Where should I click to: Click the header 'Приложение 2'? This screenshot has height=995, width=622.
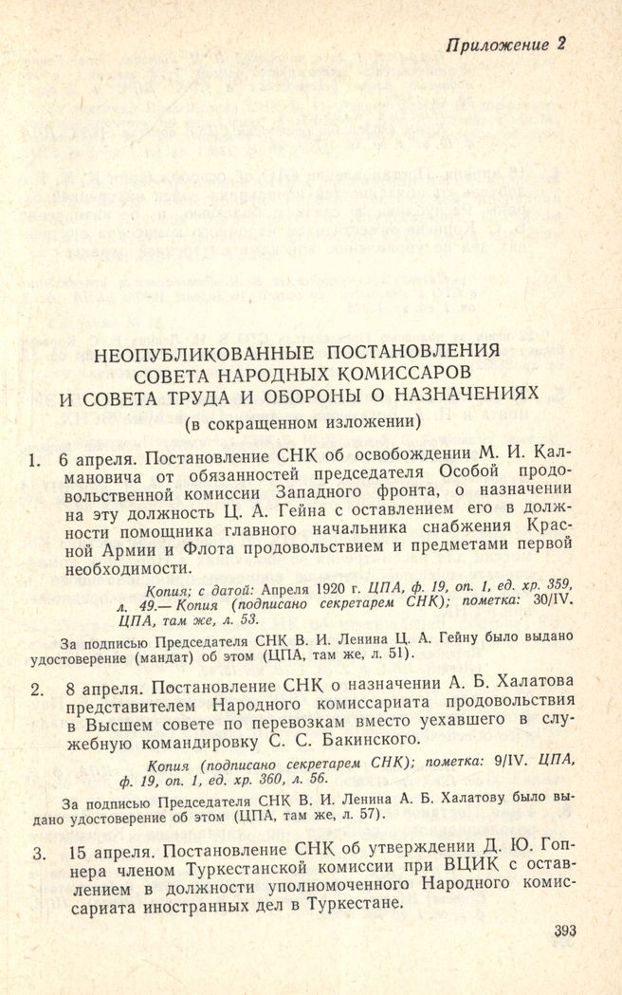pos(506,45)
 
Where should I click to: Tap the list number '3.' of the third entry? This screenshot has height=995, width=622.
pos(38,854)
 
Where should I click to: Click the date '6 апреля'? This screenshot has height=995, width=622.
pos(97,461)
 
